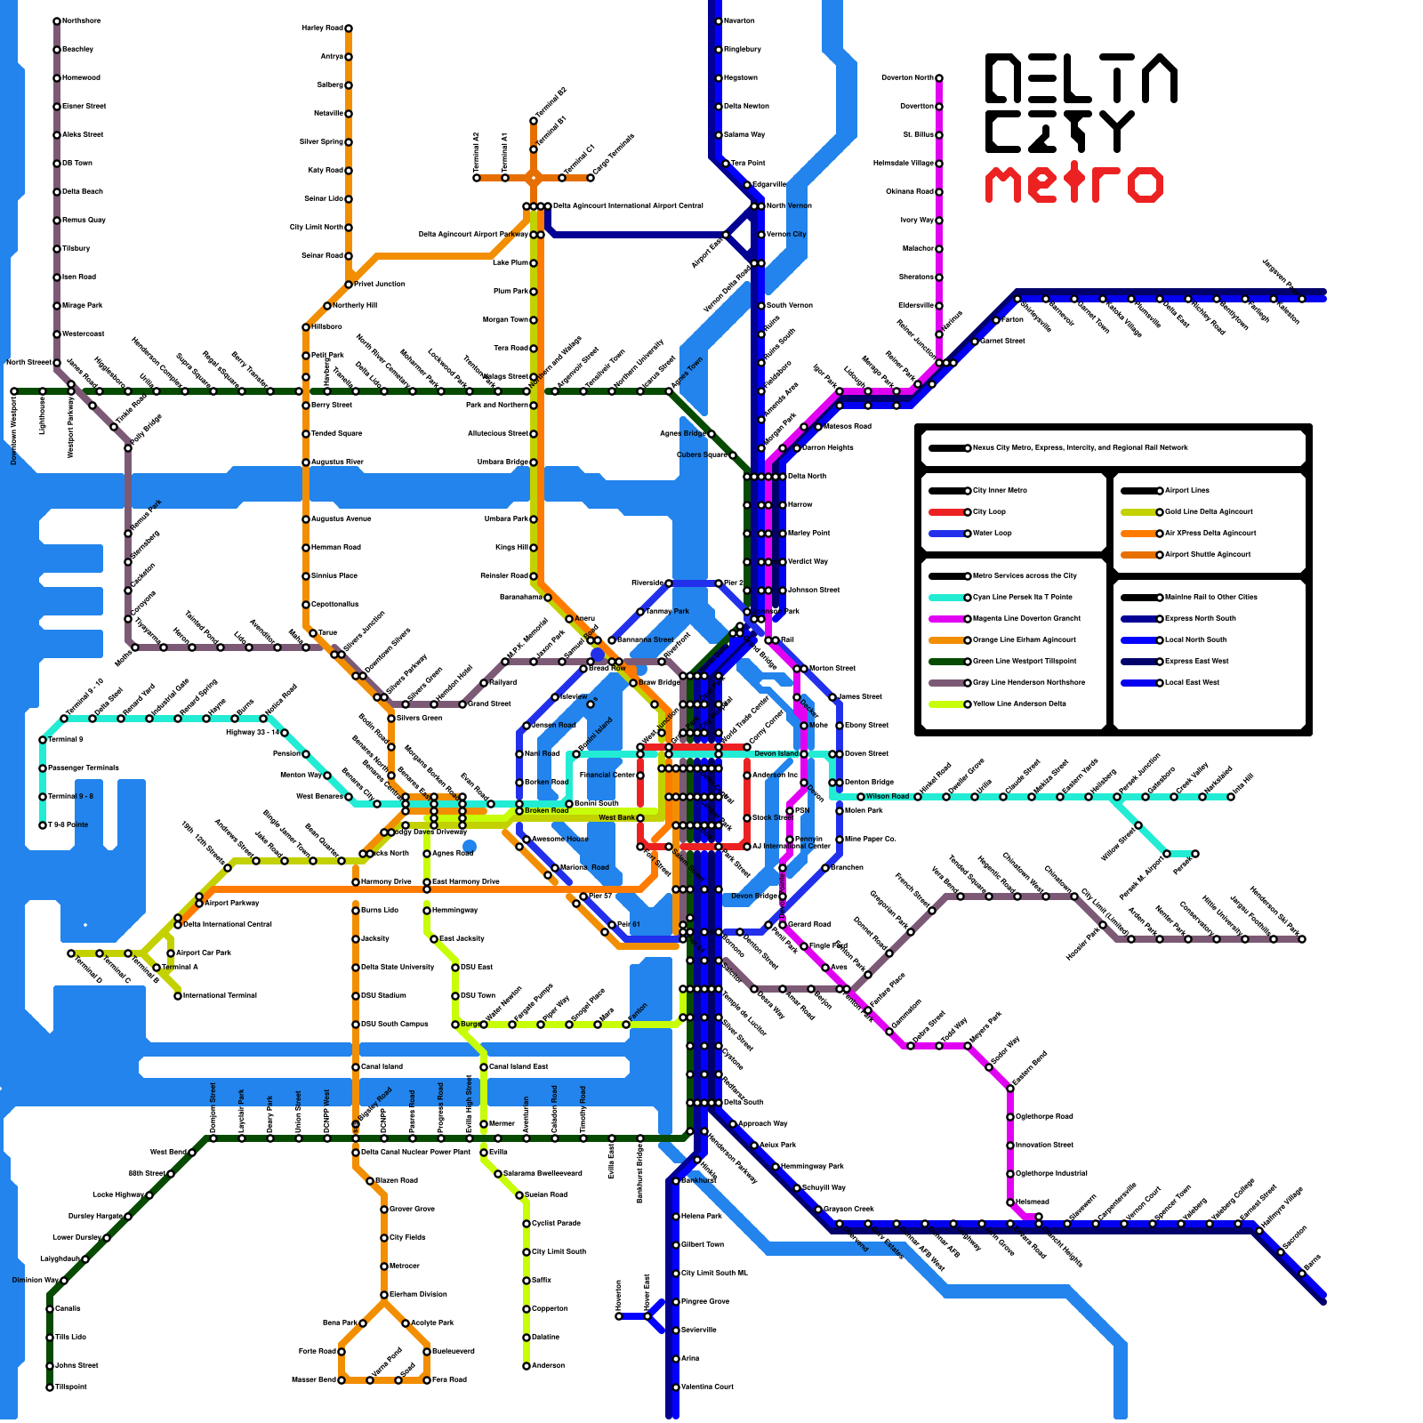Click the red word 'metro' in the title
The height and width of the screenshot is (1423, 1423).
[1073, 184]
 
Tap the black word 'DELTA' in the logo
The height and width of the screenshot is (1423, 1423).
[1081, 77]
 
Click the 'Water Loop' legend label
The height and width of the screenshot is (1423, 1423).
[993, 533]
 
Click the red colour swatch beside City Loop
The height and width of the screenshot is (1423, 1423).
[946, 511]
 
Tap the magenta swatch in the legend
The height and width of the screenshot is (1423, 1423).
[946, 618]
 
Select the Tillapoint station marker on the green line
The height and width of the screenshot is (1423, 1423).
[50, 1387]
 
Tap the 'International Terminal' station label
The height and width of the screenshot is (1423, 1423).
[220, 995]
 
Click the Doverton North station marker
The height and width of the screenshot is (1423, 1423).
[939, 78]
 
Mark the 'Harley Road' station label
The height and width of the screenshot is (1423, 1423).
[322, 28]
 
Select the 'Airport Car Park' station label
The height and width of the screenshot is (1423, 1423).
[204, 953]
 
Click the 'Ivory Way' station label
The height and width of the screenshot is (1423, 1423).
[917, 220]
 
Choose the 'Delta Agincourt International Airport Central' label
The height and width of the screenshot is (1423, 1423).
[628, 205]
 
